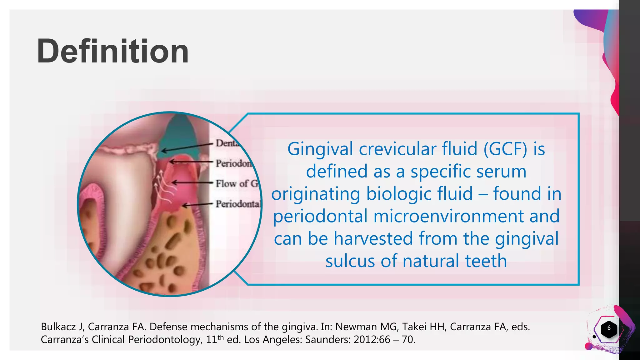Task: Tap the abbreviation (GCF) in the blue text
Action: (x=505, y=149)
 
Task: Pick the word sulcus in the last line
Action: (x=350, y=261)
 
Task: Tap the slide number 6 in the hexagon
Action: (x=608, y=328)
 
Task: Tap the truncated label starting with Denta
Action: (x=227, y=143)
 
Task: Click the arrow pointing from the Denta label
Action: (x=187, y=147)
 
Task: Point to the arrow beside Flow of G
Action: (x=192, y=182)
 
